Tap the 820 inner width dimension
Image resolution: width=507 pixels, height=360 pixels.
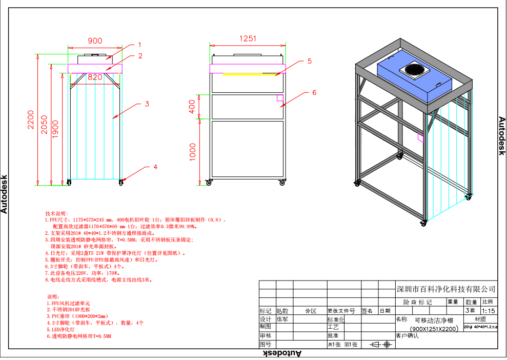click(95, 77)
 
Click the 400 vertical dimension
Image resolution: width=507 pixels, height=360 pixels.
click(192, 107)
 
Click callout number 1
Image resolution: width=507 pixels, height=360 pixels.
click(139, 45)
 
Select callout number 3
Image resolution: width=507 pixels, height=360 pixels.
click(147, 104)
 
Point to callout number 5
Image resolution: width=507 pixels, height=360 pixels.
click(310, 61)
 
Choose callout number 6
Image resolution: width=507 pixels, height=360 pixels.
click(314, 92)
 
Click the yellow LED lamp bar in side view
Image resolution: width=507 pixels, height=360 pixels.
click(249, 74)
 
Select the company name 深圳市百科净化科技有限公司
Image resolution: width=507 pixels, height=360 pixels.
click(446, 289)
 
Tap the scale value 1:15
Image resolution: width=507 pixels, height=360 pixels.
click(489, 311)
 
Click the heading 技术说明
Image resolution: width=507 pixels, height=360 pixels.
click(56, 213)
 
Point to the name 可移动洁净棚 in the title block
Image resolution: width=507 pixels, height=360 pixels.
click(434, 319)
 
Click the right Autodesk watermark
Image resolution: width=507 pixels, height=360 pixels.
click(502, 136)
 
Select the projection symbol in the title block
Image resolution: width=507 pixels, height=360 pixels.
click(380, 345)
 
